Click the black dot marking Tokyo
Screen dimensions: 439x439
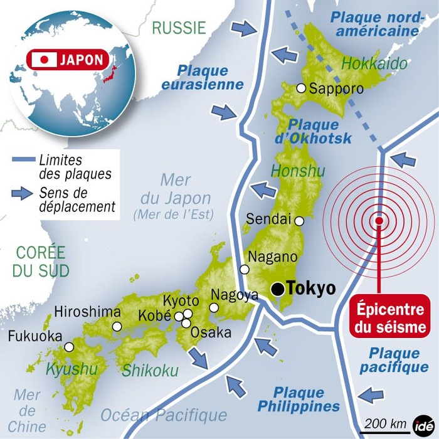277,288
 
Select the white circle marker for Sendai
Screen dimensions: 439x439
300,221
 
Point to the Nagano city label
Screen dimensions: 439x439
273,257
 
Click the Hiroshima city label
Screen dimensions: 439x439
87,312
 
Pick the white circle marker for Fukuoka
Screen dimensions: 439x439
69,346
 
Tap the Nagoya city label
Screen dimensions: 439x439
235,295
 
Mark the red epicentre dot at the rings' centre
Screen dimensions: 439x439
379,221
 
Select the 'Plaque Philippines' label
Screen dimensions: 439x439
299,399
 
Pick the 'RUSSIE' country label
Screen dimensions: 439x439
179,27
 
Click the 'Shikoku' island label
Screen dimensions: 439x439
150,371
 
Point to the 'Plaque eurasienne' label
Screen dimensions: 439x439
202,77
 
